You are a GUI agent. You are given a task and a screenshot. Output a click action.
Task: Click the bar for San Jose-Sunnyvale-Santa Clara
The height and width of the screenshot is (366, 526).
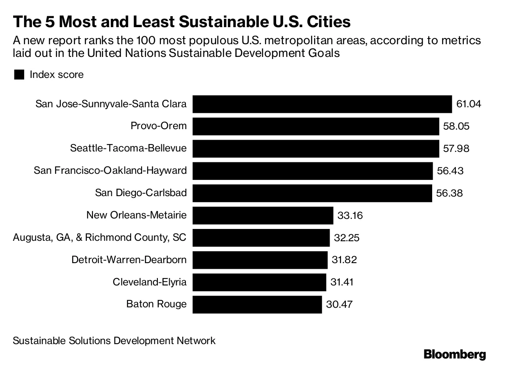(322, 104)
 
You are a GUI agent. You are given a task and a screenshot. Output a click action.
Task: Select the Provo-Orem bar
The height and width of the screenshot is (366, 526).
(316, 127)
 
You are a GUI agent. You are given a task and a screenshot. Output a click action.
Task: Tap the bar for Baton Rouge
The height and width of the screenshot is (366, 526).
(257, 304)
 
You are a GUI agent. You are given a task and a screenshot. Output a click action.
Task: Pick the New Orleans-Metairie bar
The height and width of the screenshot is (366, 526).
(263, 215)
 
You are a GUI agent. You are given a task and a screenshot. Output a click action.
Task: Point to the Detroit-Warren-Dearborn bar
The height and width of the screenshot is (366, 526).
(260, 260)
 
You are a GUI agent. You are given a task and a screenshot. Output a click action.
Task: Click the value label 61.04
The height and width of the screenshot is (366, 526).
(469, 104)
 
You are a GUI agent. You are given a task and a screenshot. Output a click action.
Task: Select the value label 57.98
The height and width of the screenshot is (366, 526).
(456, 149)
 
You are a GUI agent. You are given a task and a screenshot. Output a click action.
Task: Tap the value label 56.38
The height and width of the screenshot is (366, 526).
(450, 193)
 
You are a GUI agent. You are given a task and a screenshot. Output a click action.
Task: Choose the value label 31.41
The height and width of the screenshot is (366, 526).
(342, 282)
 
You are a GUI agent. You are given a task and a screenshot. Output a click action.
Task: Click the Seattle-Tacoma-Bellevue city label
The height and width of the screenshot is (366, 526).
(128, 148)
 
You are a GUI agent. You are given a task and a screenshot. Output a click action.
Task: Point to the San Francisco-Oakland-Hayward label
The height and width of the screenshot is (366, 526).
(110, 171)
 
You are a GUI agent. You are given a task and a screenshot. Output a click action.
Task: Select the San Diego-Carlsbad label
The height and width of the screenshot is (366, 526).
(141, 193)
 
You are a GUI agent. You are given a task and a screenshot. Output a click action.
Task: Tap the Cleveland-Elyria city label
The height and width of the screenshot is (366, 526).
(149, 282)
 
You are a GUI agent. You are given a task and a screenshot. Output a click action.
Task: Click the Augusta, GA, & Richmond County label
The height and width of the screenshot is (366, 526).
(100, 238)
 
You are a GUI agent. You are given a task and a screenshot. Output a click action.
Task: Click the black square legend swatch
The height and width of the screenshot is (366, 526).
(19, 75)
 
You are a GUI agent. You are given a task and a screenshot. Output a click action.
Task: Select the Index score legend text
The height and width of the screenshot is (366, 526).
(57, 75)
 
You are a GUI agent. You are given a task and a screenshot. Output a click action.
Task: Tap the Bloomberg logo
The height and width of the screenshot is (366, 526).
(455, 354)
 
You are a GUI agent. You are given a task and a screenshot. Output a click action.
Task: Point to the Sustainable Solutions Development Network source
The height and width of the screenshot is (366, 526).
(114, 341)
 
